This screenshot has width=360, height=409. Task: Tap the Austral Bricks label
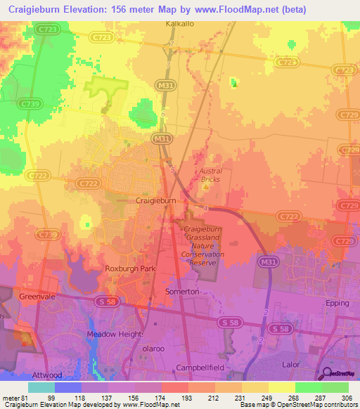pyautogui.click(x=210, y=175)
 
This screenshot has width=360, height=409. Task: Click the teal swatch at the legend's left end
pyautogui.click(x=41, y=387)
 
